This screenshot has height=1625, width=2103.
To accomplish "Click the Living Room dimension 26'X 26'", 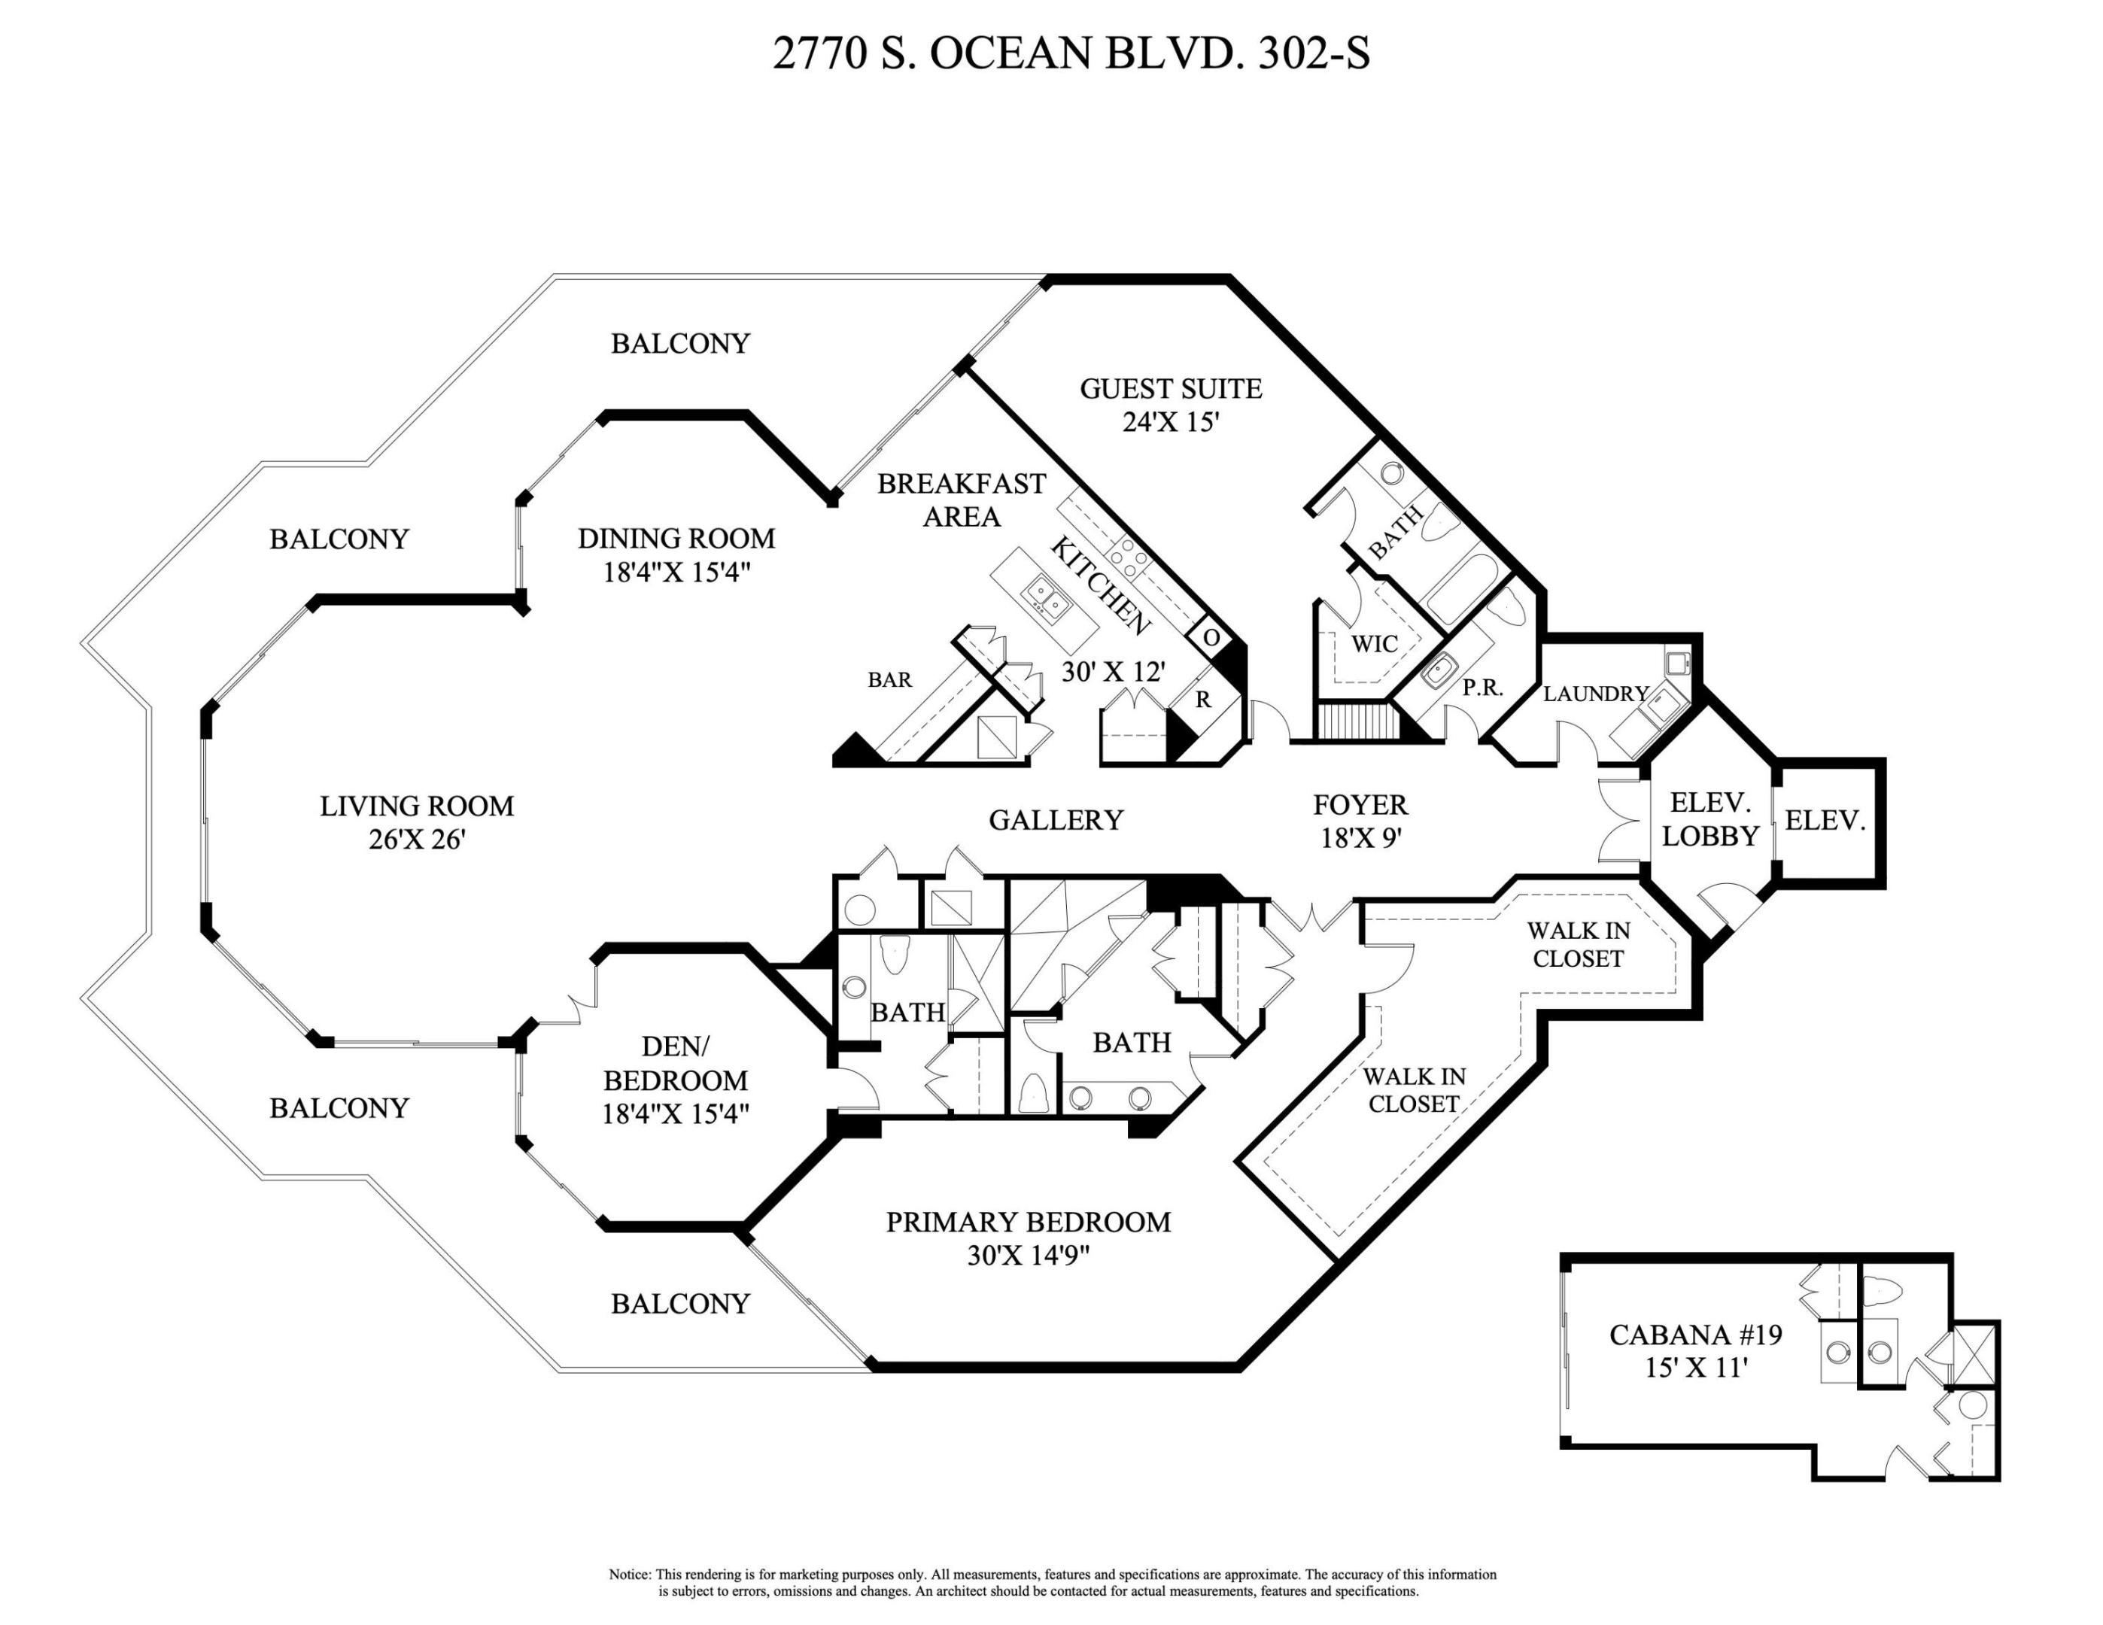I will pos(417,840).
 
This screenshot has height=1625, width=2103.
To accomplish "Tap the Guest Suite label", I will pos(1170,389).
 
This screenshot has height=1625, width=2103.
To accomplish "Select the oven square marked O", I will pos(1211,637).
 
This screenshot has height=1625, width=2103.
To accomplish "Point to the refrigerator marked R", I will pos(1202,700).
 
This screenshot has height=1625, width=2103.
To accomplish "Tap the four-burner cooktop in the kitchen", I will pos(1128,557).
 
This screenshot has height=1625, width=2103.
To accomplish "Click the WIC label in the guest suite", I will pos(1374,644).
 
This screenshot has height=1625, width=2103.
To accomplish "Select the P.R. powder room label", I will pos(1482,688).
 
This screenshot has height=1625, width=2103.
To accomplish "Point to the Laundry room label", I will pos(1596,693).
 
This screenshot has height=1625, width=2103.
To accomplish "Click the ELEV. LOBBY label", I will pos(1710,819).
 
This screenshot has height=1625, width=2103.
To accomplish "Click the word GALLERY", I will pos(1056,820).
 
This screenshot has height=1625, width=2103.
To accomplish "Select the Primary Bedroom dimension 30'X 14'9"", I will pos(1028,1256).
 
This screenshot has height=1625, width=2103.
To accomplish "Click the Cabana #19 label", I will pos(1694,1335).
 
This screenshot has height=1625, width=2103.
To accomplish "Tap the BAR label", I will pos(889,679).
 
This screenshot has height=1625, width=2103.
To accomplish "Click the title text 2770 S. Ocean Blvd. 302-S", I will pos(1070,54).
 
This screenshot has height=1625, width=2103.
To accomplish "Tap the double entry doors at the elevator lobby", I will pos(1621,819).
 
